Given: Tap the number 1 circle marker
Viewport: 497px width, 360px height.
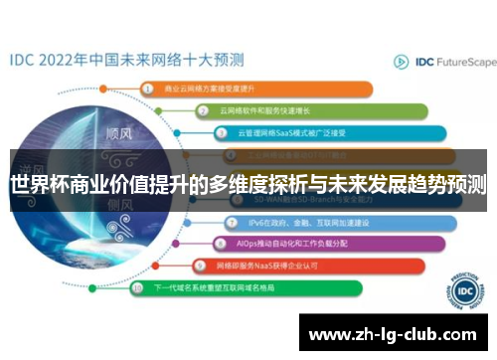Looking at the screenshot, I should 147,88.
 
